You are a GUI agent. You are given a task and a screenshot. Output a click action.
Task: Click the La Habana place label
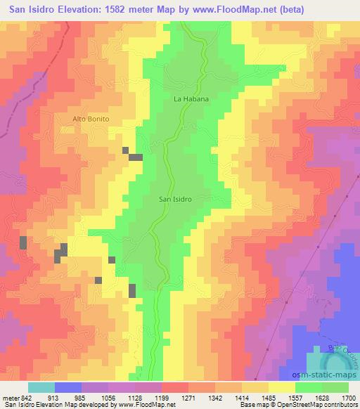tap(191, 99)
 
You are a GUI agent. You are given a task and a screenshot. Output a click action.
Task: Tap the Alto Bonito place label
tap(91, 119)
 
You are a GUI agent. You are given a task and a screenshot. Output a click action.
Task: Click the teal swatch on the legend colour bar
tap(41, 388)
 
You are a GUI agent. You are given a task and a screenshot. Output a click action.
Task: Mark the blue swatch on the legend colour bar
tap(68, 388)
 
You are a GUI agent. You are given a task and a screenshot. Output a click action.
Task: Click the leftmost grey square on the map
tap(23, 242)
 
